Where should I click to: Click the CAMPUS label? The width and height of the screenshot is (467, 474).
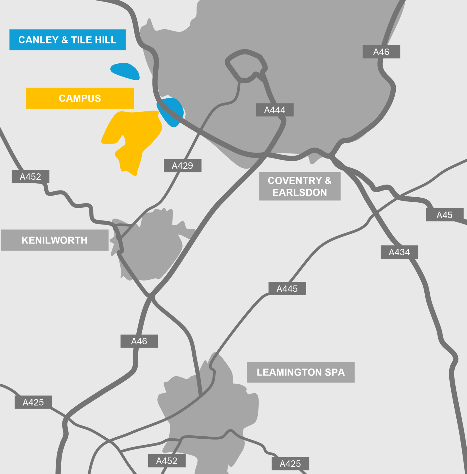(80, 98)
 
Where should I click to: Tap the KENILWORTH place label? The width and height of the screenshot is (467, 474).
(54, 240)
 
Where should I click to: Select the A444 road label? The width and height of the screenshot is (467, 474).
(275, 110)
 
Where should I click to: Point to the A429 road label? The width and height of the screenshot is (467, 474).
(182, 166)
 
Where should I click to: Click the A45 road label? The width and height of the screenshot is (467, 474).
(444, 215)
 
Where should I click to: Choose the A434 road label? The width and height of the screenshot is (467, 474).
(399, 252)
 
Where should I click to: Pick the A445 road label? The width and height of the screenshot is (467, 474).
(287, 289)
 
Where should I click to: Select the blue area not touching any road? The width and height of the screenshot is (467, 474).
(125, 71)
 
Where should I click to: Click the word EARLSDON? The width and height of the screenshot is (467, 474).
(299, 192)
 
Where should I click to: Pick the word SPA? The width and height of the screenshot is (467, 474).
(335, 372)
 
